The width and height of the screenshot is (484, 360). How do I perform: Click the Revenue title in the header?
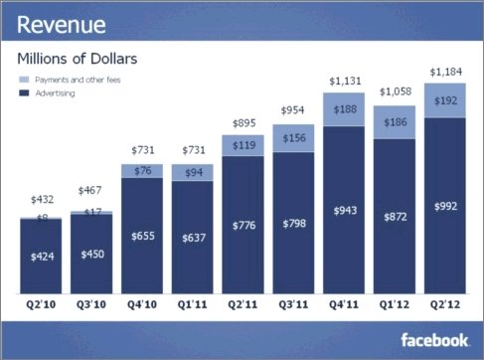point(62,25)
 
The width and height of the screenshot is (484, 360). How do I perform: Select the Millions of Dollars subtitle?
point(78,59)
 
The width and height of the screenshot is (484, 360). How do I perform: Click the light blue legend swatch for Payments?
point(24,80)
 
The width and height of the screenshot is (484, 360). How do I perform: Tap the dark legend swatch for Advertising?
point(24,93)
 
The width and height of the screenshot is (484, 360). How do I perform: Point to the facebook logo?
point(434,340)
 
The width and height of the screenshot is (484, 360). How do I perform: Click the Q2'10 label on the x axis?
point(41,304)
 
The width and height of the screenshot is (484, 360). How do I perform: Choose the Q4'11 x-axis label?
point(344,304)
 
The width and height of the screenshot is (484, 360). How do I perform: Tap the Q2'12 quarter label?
point(445,304)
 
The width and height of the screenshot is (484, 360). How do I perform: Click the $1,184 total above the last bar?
point(445,72)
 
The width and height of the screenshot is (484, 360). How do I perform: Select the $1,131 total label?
point(345,82)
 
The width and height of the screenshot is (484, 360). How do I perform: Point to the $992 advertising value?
point(445,207)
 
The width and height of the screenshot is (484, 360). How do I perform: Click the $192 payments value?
point(445,100)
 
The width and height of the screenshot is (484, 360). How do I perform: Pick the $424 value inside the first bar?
point(42,257)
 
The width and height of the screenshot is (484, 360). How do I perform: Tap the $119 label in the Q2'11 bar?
point(243,145)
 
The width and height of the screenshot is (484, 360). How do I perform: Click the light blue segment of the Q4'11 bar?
point(344,109)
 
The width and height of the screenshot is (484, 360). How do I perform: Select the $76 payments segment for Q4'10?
point(142,171)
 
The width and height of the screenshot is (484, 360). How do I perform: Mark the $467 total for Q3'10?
point(89,190)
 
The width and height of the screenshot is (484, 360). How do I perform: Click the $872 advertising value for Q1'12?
point(396,217)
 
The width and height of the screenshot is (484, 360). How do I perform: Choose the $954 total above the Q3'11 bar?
point(292,110)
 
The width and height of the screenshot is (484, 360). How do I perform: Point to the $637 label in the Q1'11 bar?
point(194,238)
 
